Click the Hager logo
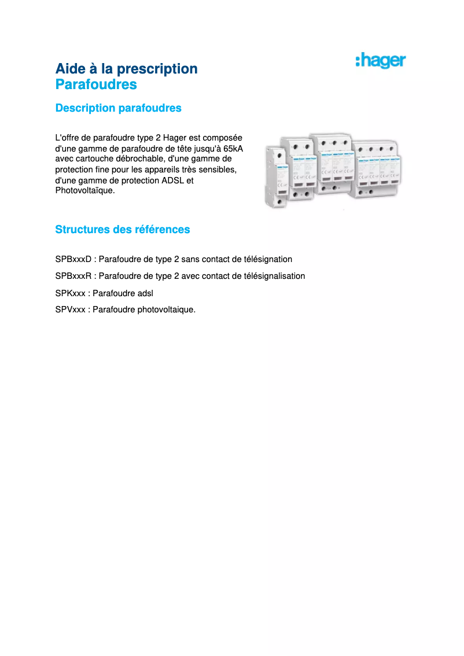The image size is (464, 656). [x=380, y=61]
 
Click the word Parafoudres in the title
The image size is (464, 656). [x=96, y=84]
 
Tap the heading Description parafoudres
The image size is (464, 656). [x=118, y=108]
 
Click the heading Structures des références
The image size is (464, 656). [x=122, y=230]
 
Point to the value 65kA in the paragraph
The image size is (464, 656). [x=233, y=148]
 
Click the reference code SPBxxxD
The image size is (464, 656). [x=73, y=259]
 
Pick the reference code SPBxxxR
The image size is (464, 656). [x=73, y=276]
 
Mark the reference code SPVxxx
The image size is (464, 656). [x=70, y=309]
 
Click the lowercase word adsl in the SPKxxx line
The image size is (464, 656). [x=146, y=293]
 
